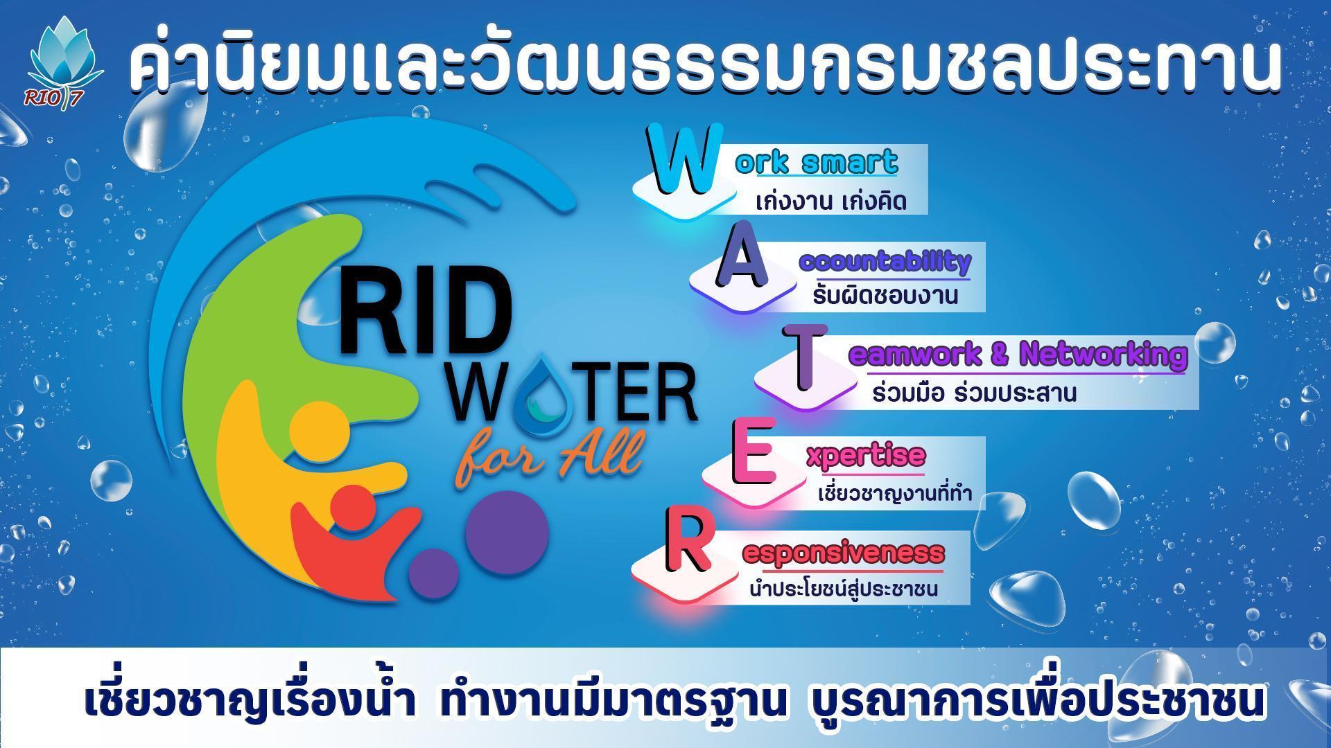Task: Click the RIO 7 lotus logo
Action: coord(64,62)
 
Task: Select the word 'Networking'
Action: coord(1104,355)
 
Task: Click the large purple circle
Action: coord(507,533)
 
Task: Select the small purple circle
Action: coord(434,575)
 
